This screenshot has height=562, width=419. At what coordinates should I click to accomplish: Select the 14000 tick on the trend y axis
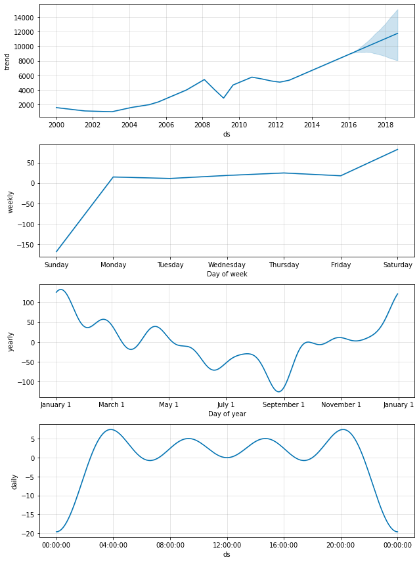[x=24, y=17]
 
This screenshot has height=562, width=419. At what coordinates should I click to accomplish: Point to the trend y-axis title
[x=7, y=61]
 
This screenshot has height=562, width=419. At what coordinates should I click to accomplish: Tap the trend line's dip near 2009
[x=224, y=98]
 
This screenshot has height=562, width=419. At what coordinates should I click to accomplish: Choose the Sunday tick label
[x=56, y=265]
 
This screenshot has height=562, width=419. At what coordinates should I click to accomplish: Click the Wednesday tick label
[x=227, y=265]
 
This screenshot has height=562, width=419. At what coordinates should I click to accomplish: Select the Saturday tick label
[x=397, y=265]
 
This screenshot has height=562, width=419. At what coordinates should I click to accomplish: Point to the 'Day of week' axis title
[x=227, y=274]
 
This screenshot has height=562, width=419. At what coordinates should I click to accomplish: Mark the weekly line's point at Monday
[x=113, y=177]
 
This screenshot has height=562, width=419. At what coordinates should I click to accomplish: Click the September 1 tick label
[x=283, y=404]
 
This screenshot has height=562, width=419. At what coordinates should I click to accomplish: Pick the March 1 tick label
[x=111, y=404]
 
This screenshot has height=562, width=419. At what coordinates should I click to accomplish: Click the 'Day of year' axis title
[x=227, y=414]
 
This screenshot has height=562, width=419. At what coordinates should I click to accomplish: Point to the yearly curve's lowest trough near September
[x=278, y=392]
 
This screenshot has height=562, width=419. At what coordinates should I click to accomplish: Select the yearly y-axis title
[x=11, y=341]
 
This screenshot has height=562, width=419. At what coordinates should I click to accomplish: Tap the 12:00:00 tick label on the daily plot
[x=227, y=545]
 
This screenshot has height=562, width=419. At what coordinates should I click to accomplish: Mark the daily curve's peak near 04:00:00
[x=111, y=429]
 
